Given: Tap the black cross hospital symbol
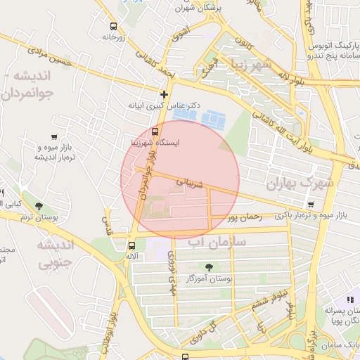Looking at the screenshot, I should [x=164, y=94].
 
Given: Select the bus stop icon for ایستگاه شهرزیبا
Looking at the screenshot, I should [x=155, y=131].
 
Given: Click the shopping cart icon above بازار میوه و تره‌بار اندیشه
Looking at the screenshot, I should [x=54, y=136].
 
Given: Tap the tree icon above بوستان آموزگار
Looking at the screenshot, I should [x=209, y=266].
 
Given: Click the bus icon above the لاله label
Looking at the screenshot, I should [x=131, y=245].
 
